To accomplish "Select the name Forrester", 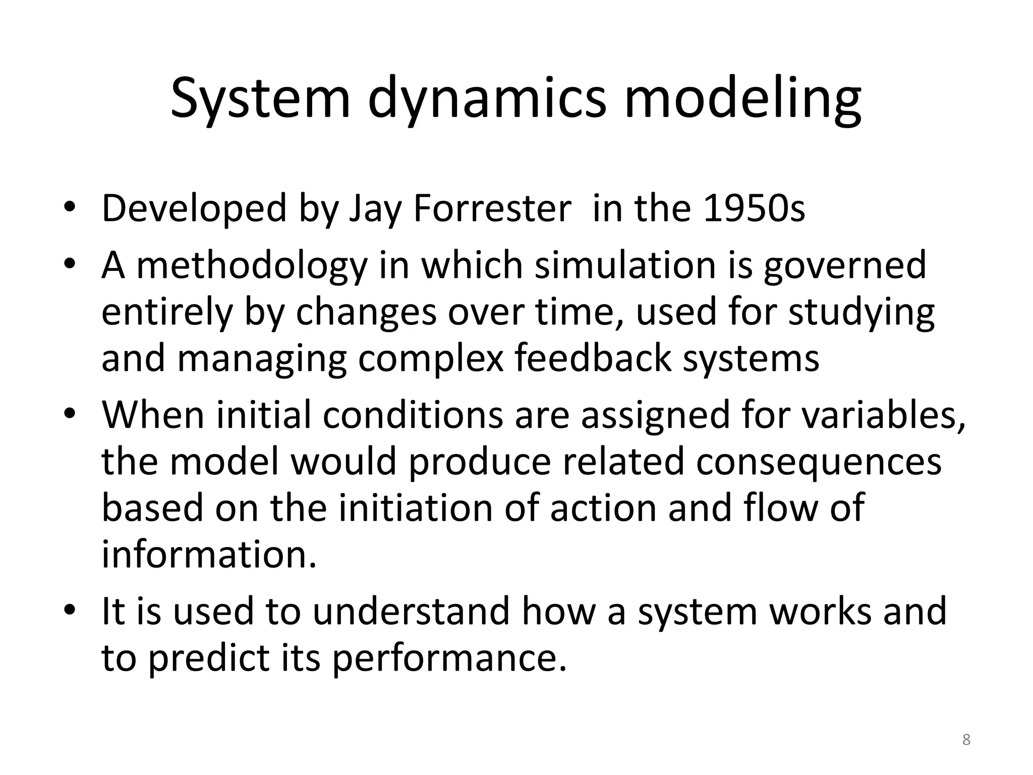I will point(492,208).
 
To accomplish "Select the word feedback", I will point(593,358).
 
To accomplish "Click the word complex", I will point(431,359).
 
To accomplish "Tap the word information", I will point(209,554).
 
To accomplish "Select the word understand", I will point(411,611).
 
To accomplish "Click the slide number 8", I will point(966,740).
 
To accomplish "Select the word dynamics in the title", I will point(487,99).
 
